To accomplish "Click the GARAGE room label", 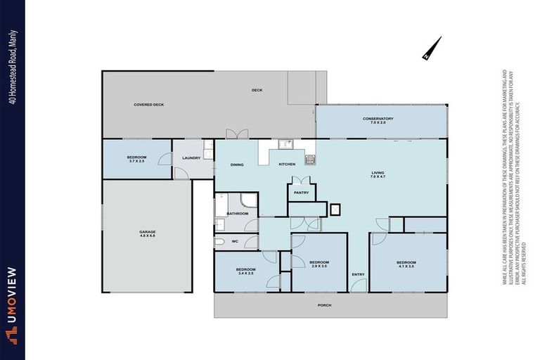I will pos(147,232).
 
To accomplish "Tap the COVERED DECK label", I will pos(148,105).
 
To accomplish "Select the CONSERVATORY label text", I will pos(378,119).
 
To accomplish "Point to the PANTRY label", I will pos(301,192).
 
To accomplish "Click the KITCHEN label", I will pos(287,164).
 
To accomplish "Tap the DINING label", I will pos(237,165).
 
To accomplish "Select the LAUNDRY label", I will pos(191,157).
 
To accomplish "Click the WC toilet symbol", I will pos(219,242).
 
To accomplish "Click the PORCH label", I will pos(324,305).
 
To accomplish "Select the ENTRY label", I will pos(358,274).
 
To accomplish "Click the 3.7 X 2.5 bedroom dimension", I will pos(136,162).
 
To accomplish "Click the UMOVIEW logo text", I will pos(12,303).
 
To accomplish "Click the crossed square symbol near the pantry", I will pos(335,208).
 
